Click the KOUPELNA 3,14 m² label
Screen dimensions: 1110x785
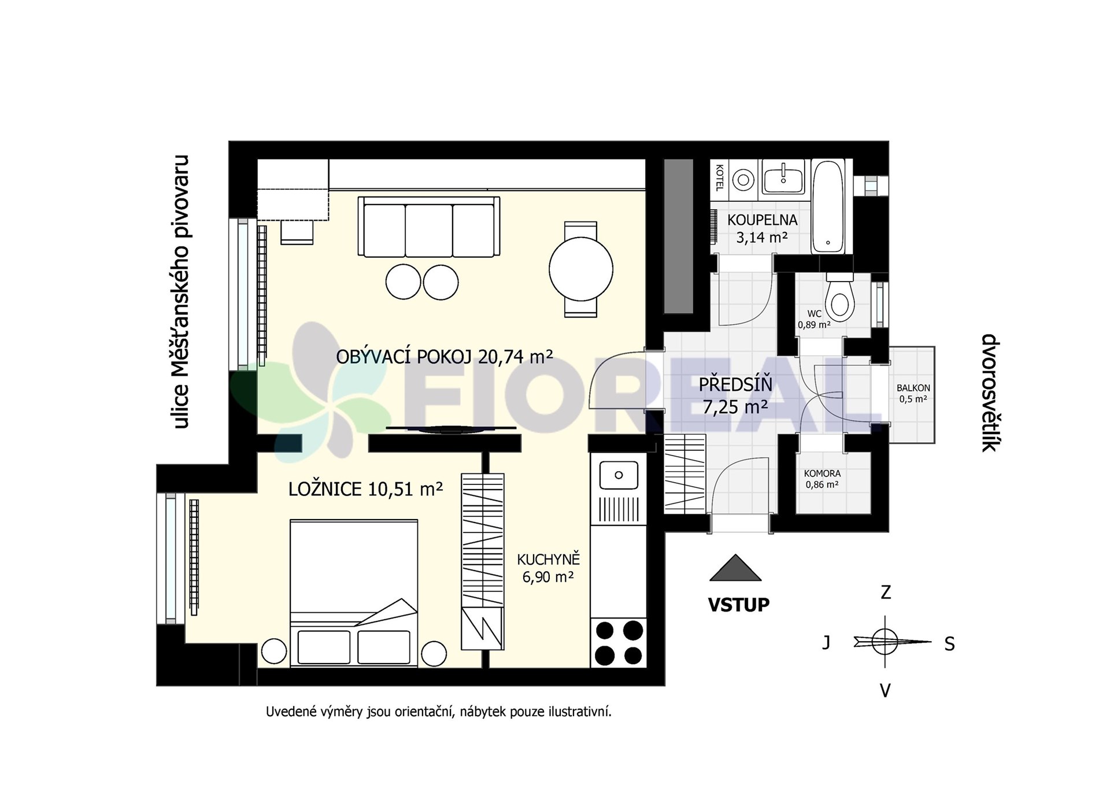[762, 228]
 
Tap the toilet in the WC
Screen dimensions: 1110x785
[839, 297]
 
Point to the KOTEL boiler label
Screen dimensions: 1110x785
[719, 177]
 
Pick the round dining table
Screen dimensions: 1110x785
[580, 269]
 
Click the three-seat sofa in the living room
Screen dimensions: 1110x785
[428, 226]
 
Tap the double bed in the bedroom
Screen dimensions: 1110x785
[353, 592]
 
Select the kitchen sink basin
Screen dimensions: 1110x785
[619, 475]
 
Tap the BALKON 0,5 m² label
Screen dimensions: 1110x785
[913, 394]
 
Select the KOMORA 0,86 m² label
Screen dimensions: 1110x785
[822, 479]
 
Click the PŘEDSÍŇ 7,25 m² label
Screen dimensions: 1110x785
[735, 395]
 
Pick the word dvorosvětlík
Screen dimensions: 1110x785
[991, 392]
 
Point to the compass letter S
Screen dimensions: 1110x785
[949, 644]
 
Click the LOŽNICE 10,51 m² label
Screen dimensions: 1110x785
[365, 489]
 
